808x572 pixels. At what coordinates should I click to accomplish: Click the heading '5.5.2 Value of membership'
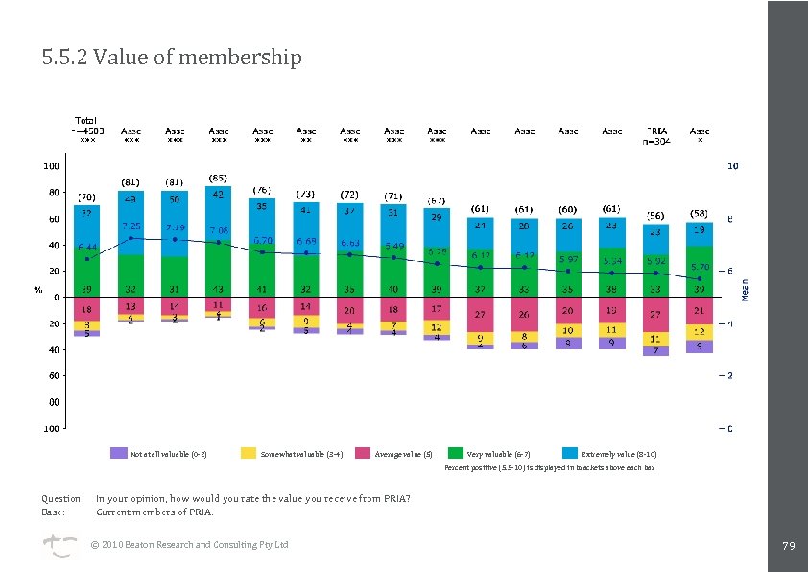172,58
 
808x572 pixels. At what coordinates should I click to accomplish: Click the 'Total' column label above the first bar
86,120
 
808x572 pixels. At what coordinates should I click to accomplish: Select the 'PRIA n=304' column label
656,135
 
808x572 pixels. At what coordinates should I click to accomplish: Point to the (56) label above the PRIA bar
656,215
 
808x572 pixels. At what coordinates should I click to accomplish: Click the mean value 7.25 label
131,225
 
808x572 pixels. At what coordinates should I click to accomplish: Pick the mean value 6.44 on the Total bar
87,247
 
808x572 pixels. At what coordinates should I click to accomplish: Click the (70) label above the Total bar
86,197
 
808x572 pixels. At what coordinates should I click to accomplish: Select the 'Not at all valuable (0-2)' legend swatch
119,453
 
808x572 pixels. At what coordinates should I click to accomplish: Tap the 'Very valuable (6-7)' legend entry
498,454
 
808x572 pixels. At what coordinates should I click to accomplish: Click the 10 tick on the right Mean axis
732,166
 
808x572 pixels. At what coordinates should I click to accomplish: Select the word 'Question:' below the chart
62,498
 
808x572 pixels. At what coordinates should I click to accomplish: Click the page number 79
789,546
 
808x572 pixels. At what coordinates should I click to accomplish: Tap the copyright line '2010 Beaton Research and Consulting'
189,545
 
